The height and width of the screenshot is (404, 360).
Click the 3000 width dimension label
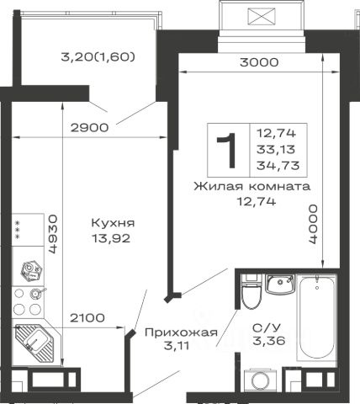coord(259,62)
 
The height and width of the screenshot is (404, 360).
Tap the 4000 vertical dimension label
coord(313,224)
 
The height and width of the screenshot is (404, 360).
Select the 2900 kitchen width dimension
coord(89,128)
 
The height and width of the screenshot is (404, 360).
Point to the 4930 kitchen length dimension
coord(53,234)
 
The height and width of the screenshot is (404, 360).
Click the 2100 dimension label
coord(87,318)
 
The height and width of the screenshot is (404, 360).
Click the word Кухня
coord(113,223)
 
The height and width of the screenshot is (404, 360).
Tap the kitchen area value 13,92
coord(111,238)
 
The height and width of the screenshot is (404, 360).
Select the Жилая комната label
coord(252,186)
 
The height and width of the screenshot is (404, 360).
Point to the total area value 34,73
coord(278,166)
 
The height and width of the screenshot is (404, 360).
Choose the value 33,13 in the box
coord(276,150)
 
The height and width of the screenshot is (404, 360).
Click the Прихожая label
coord(181,332)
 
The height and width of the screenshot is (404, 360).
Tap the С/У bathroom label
coord(267,327)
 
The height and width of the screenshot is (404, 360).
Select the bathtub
coord(317,317)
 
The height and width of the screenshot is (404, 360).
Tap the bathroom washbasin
coord(280,284)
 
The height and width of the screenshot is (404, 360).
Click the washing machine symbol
coord(261,380)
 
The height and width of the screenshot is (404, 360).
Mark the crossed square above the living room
coord(262,17)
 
